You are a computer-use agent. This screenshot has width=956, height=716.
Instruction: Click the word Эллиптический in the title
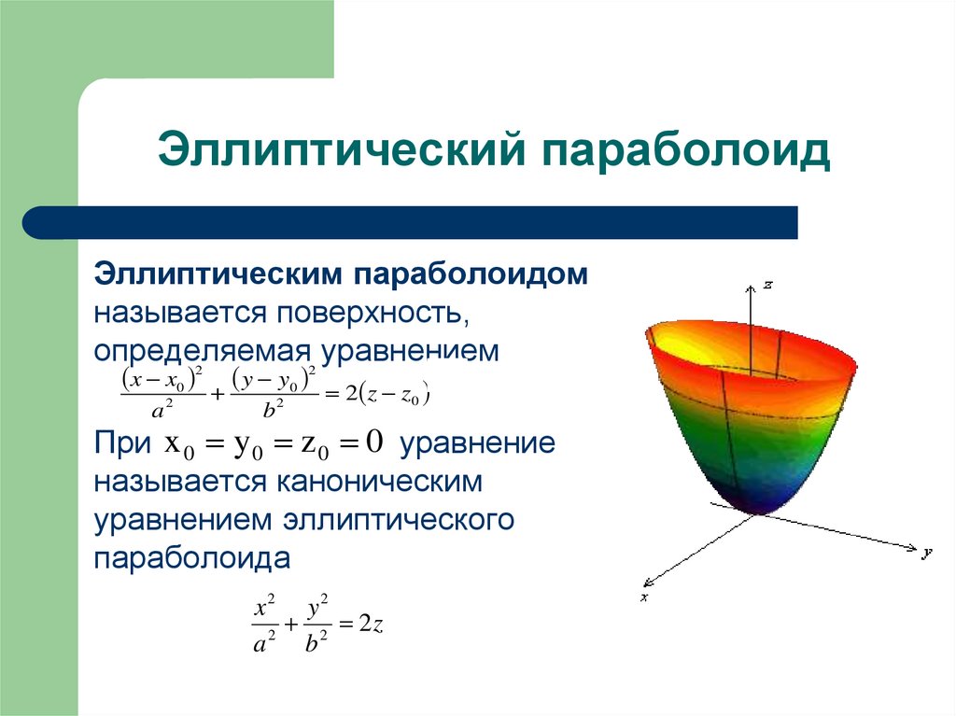pyautogui.click(x=335, y=151)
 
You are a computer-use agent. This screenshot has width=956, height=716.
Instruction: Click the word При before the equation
pyautogui.click(x=121, y=443)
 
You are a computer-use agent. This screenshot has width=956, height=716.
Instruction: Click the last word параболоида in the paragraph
pyautogui.click(x=191, y=558)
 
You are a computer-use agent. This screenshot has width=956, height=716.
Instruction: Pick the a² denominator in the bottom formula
pyautogui.click(x=264, y=643)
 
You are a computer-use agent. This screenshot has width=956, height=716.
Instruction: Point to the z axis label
pyautogui.click(x=767, y=285)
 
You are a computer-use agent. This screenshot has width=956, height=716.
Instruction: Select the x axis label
pyautogui.click(x=644, y=596)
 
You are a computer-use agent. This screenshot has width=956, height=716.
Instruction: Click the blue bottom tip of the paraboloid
pyautogui.click(x=761, y=505)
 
